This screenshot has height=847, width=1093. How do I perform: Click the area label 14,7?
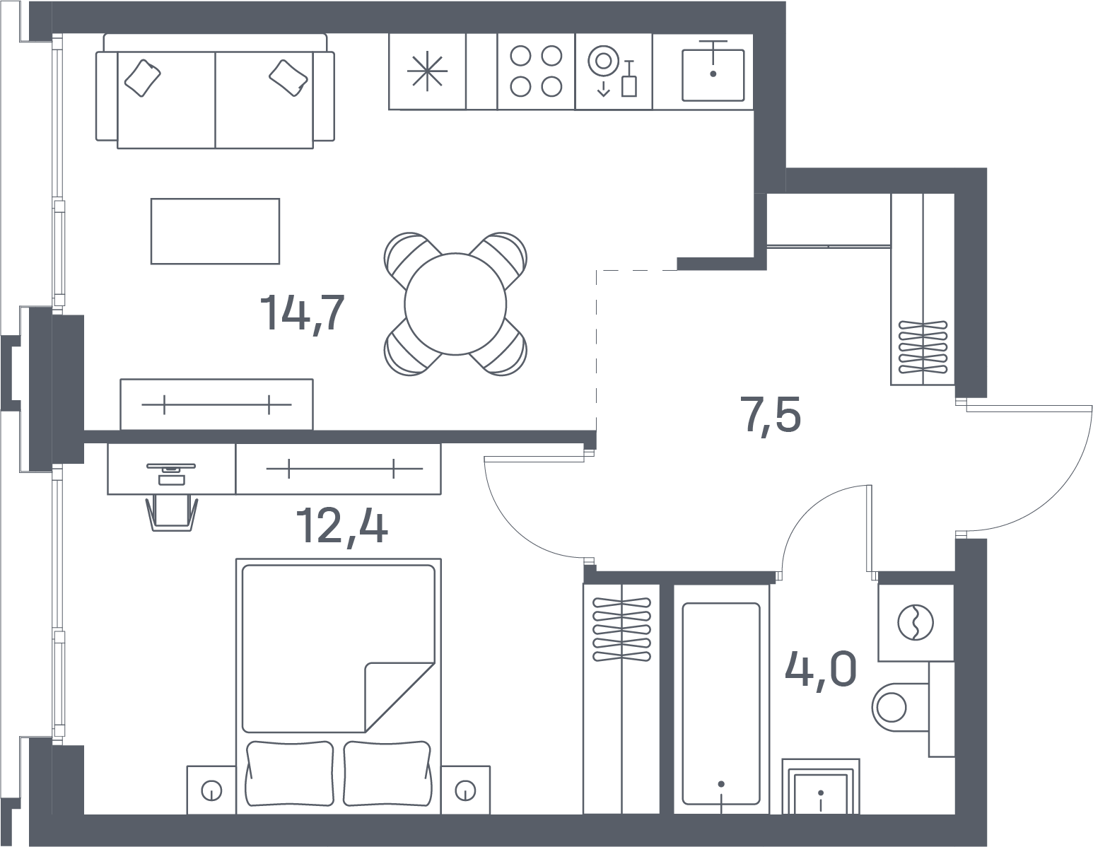(x=303, y=312)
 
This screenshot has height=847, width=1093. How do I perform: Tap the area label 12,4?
(x=341, y=525)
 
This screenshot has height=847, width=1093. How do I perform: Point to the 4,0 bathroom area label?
(x=820, y=668)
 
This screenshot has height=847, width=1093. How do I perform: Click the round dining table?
(x=455, y=304)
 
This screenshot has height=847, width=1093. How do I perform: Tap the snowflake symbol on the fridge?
(x=427, y=71)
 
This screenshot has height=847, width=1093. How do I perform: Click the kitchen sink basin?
(x=713, y=75)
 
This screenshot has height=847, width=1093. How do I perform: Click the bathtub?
(x=721, y=699)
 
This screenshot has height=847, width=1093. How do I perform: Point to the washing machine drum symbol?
(x=916, y=622)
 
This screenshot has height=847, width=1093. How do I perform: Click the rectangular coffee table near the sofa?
(x=216, y=231)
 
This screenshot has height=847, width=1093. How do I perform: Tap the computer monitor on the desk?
(x=171, y=467)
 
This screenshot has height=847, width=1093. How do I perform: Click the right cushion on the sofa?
(x=288, y=78)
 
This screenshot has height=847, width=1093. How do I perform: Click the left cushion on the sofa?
(x=142, y=78)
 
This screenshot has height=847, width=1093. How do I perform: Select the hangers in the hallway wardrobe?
(x=923, y=347)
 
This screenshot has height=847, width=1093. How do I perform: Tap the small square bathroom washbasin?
(x=820, y=793)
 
